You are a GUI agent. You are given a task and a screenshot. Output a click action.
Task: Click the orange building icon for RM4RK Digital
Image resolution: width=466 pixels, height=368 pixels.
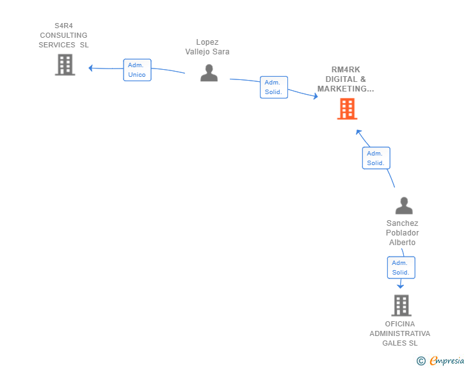pyautogui.click(x=347, y=109)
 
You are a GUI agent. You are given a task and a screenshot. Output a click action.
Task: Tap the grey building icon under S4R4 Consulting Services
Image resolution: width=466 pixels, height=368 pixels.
pyautogui.click(x=65, y=65)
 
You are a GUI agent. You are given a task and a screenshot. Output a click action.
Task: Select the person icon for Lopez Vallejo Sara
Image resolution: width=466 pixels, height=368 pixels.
pyautogui.click(x=209, y=73)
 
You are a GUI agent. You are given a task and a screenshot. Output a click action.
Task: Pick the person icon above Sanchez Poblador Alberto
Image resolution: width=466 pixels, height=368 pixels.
pyautogui.click(x=404, y=205)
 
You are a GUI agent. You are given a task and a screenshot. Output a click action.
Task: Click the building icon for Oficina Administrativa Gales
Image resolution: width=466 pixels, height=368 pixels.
pyautogui.click(x=401, y=305)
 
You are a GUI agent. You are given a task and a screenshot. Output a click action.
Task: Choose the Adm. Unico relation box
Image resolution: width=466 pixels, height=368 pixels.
pyautogui.click(x=137, y=70)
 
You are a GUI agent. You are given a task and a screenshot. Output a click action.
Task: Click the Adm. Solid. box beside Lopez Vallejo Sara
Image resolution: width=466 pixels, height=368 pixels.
pyautogui.click(x=274, y=87)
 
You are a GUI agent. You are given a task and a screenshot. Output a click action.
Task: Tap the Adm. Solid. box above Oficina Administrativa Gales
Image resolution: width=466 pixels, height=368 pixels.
pyautogui.click(x=401, y=268)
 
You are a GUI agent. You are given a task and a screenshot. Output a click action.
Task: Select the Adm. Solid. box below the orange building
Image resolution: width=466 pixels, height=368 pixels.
pyautogui.click(x=376, y=158)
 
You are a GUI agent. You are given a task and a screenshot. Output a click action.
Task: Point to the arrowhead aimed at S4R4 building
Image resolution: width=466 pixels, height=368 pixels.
pyautogui.click(x=91, y=68)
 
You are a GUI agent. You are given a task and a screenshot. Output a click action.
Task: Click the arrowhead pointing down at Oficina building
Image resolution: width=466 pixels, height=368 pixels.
pyautogui.click(x=400, y=286)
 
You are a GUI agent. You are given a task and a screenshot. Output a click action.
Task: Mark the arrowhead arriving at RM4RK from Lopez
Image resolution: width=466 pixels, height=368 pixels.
pyautogui.click(x=316, y=96)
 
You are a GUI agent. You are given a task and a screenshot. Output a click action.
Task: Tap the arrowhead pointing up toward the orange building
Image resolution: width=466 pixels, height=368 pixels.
pyautogui.click(x=358, y=132)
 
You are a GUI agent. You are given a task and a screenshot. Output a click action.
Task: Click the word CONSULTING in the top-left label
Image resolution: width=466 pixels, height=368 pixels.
pyautogui.click(x=63, y=35)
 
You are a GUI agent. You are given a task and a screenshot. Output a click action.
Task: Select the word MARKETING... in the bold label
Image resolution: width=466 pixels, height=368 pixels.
pyautogui.click(x=346, y=89)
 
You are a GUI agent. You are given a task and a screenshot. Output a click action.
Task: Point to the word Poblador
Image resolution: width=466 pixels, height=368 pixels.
pyautogui.click(x=403, y=233)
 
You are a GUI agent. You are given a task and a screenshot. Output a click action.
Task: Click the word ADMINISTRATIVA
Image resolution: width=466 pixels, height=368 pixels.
pyautogui.click(x=399, y=333)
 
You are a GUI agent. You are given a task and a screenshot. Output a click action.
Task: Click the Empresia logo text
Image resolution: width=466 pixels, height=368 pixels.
pyautogui.click(x=447, y=361)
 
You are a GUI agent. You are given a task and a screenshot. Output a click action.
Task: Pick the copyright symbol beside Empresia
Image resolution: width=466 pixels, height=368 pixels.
pyautogui.click(x=421, y=361)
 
